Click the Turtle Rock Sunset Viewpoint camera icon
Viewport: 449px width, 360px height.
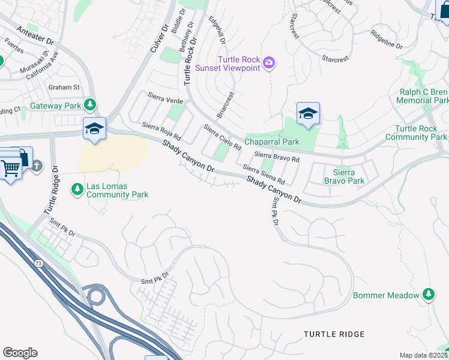pos(269,62)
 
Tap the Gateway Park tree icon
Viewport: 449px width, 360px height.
pos(90,106)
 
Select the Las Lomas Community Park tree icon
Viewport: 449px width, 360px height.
pos(77,190)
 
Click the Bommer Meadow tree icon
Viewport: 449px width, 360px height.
pos(428,295)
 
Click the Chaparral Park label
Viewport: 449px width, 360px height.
pos(271,142)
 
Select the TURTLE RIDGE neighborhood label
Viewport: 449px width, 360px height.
pos(334,334)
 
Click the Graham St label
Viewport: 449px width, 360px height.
pos(64,87)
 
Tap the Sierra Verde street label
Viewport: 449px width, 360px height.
pos(164,99)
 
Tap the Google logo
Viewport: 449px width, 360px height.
pos(20,353)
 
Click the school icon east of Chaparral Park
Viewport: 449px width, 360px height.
pos(307,113)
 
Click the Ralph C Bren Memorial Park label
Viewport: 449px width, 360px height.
pos(423,97)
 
